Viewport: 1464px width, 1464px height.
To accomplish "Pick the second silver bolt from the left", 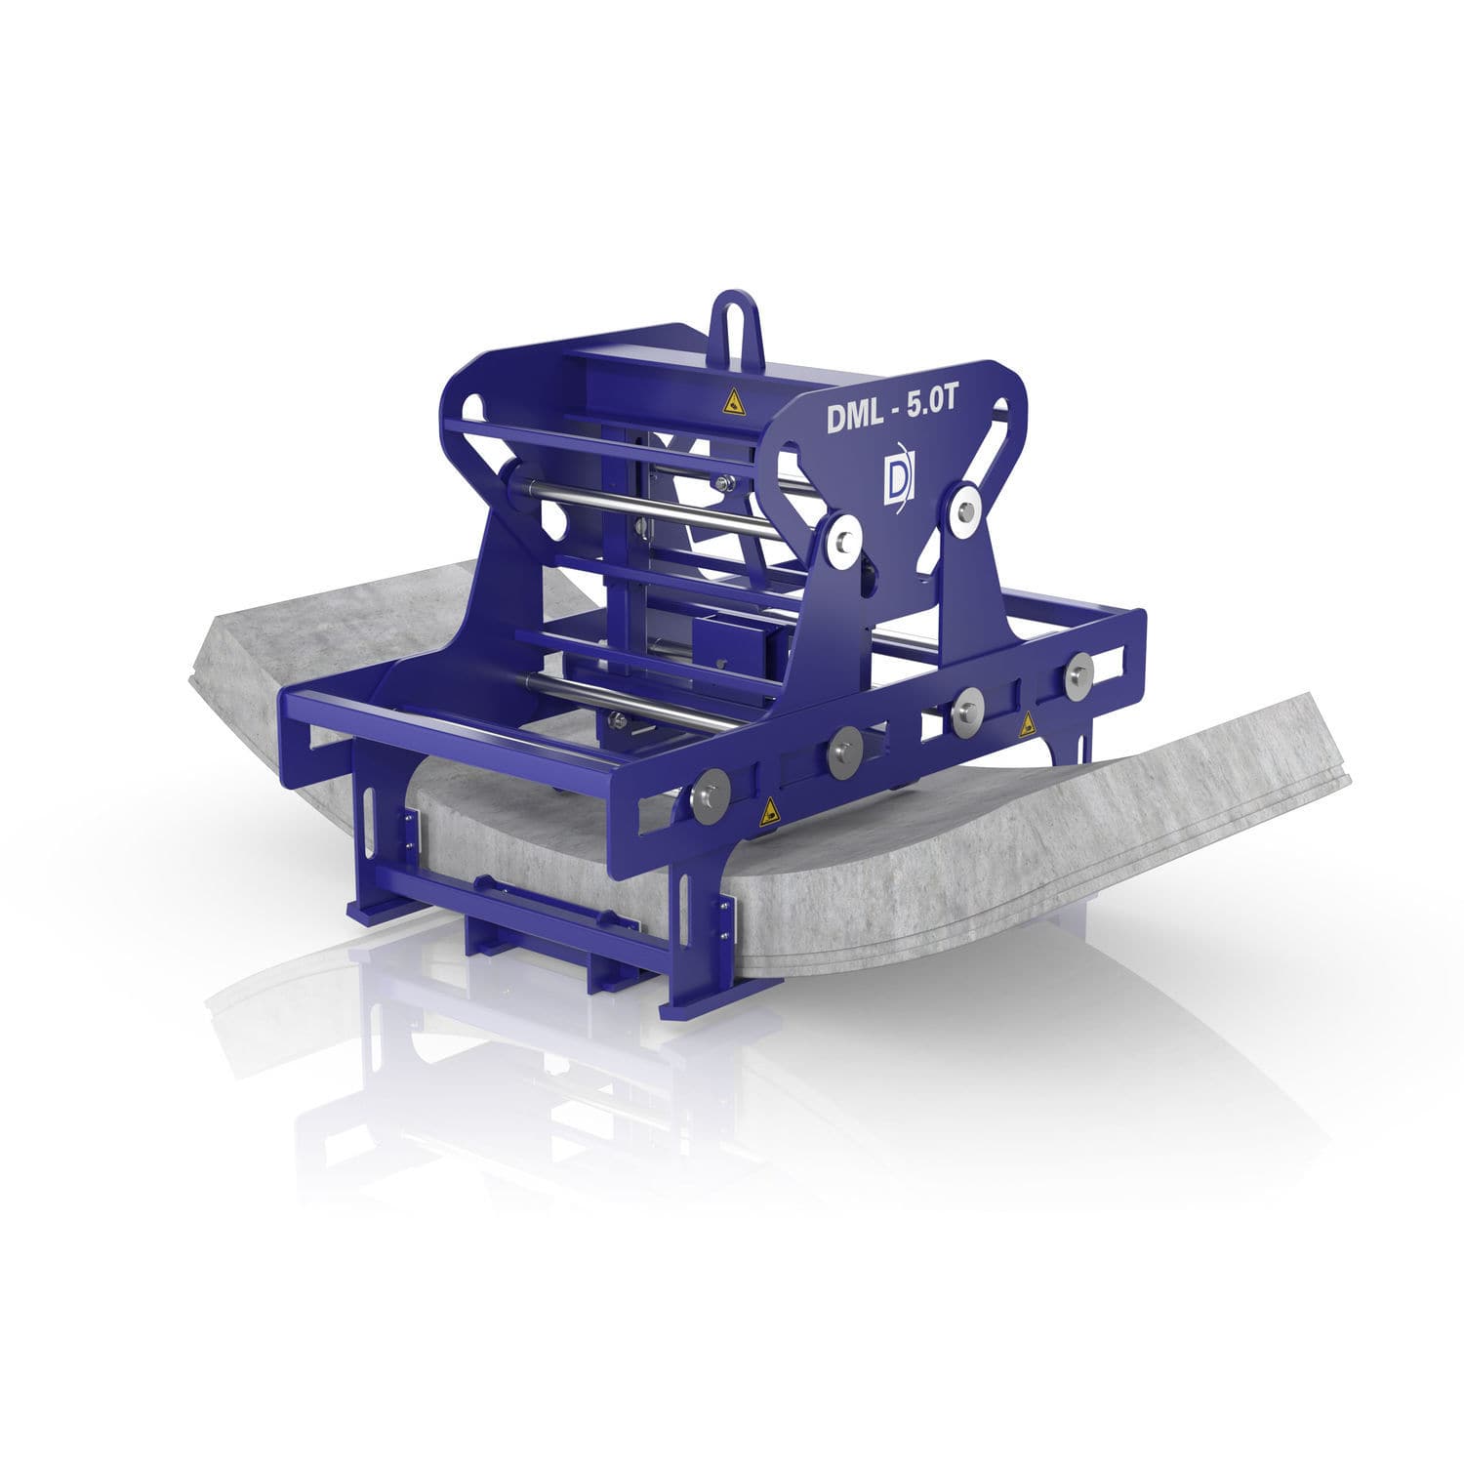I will (x=842, y=748).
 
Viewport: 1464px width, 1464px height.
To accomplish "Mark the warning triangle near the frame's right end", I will (x=1027, y=725).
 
